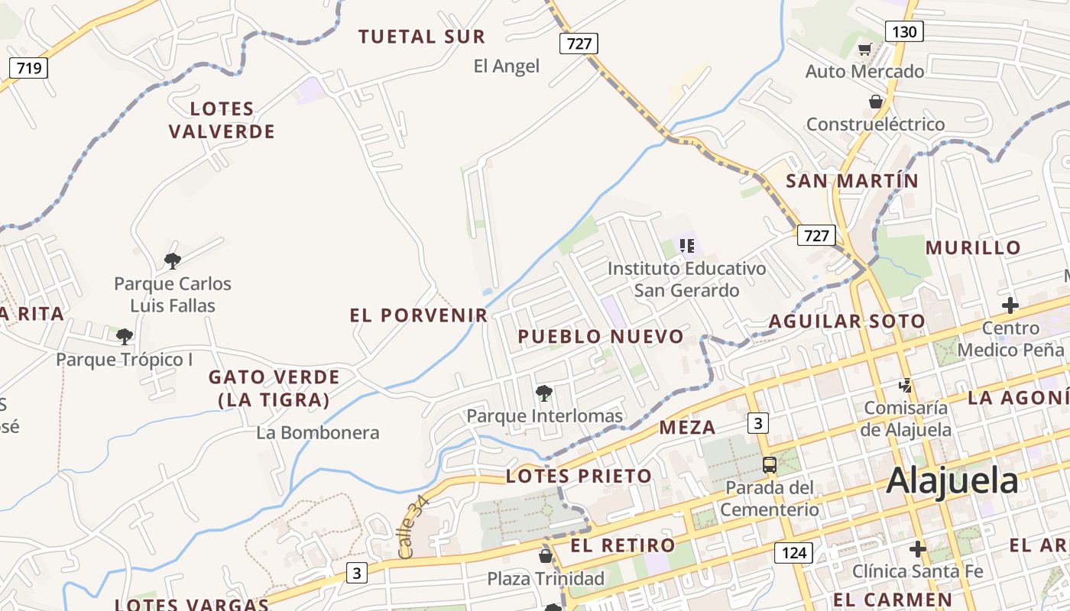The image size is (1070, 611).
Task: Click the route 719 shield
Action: coord(29,68)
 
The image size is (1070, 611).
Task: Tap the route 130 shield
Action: coord(904,31)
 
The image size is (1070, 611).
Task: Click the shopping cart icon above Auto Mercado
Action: coord(864,50)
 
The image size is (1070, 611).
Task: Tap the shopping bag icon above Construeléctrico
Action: coord(876,102)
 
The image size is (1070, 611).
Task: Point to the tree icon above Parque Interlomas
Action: coord(544,394)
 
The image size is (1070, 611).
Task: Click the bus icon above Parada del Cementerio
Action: coord(770,464)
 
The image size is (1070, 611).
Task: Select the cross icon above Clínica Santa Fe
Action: coord(918,549)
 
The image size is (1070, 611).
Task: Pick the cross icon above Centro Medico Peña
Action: coord(1010,305)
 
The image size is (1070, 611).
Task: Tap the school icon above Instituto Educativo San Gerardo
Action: coord(687,246)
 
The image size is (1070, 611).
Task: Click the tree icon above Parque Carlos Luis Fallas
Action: coord(173,261)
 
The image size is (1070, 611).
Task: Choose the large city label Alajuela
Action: coord(952,481)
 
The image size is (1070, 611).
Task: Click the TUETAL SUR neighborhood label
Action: coord(422,36)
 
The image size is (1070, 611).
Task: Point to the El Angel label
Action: coord(507,66)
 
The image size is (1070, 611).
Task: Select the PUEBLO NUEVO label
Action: coord(601,337)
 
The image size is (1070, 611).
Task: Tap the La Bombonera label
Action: coord(318,433)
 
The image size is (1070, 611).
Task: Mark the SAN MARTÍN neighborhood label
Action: coord(852,181)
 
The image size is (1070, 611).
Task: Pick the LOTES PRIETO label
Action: coord(579,477)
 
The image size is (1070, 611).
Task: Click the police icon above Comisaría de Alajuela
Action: coord(906,385)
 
